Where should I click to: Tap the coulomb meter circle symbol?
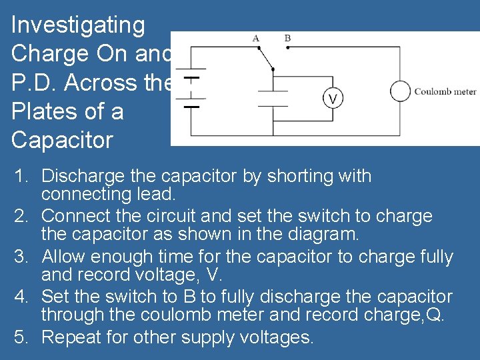[x=400, y=91]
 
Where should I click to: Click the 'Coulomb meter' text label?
[x=445, y=91]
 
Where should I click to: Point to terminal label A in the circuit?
[x=256, y=38]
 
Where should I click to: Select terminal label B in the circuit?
[x=287, y=38]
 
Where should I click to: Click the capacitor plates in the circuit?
[x=273, y=97]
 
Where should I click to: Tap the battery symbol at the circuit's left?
[x=193, y=87]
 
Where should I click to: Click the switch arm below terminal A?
[x=265, y=57]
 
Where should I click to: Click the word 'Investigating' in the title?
[x=78, y=25]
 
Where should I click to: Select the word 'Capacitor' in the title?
[x=63, y=140]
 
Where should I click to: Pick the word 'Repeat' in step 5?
[x=71, y=337]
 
